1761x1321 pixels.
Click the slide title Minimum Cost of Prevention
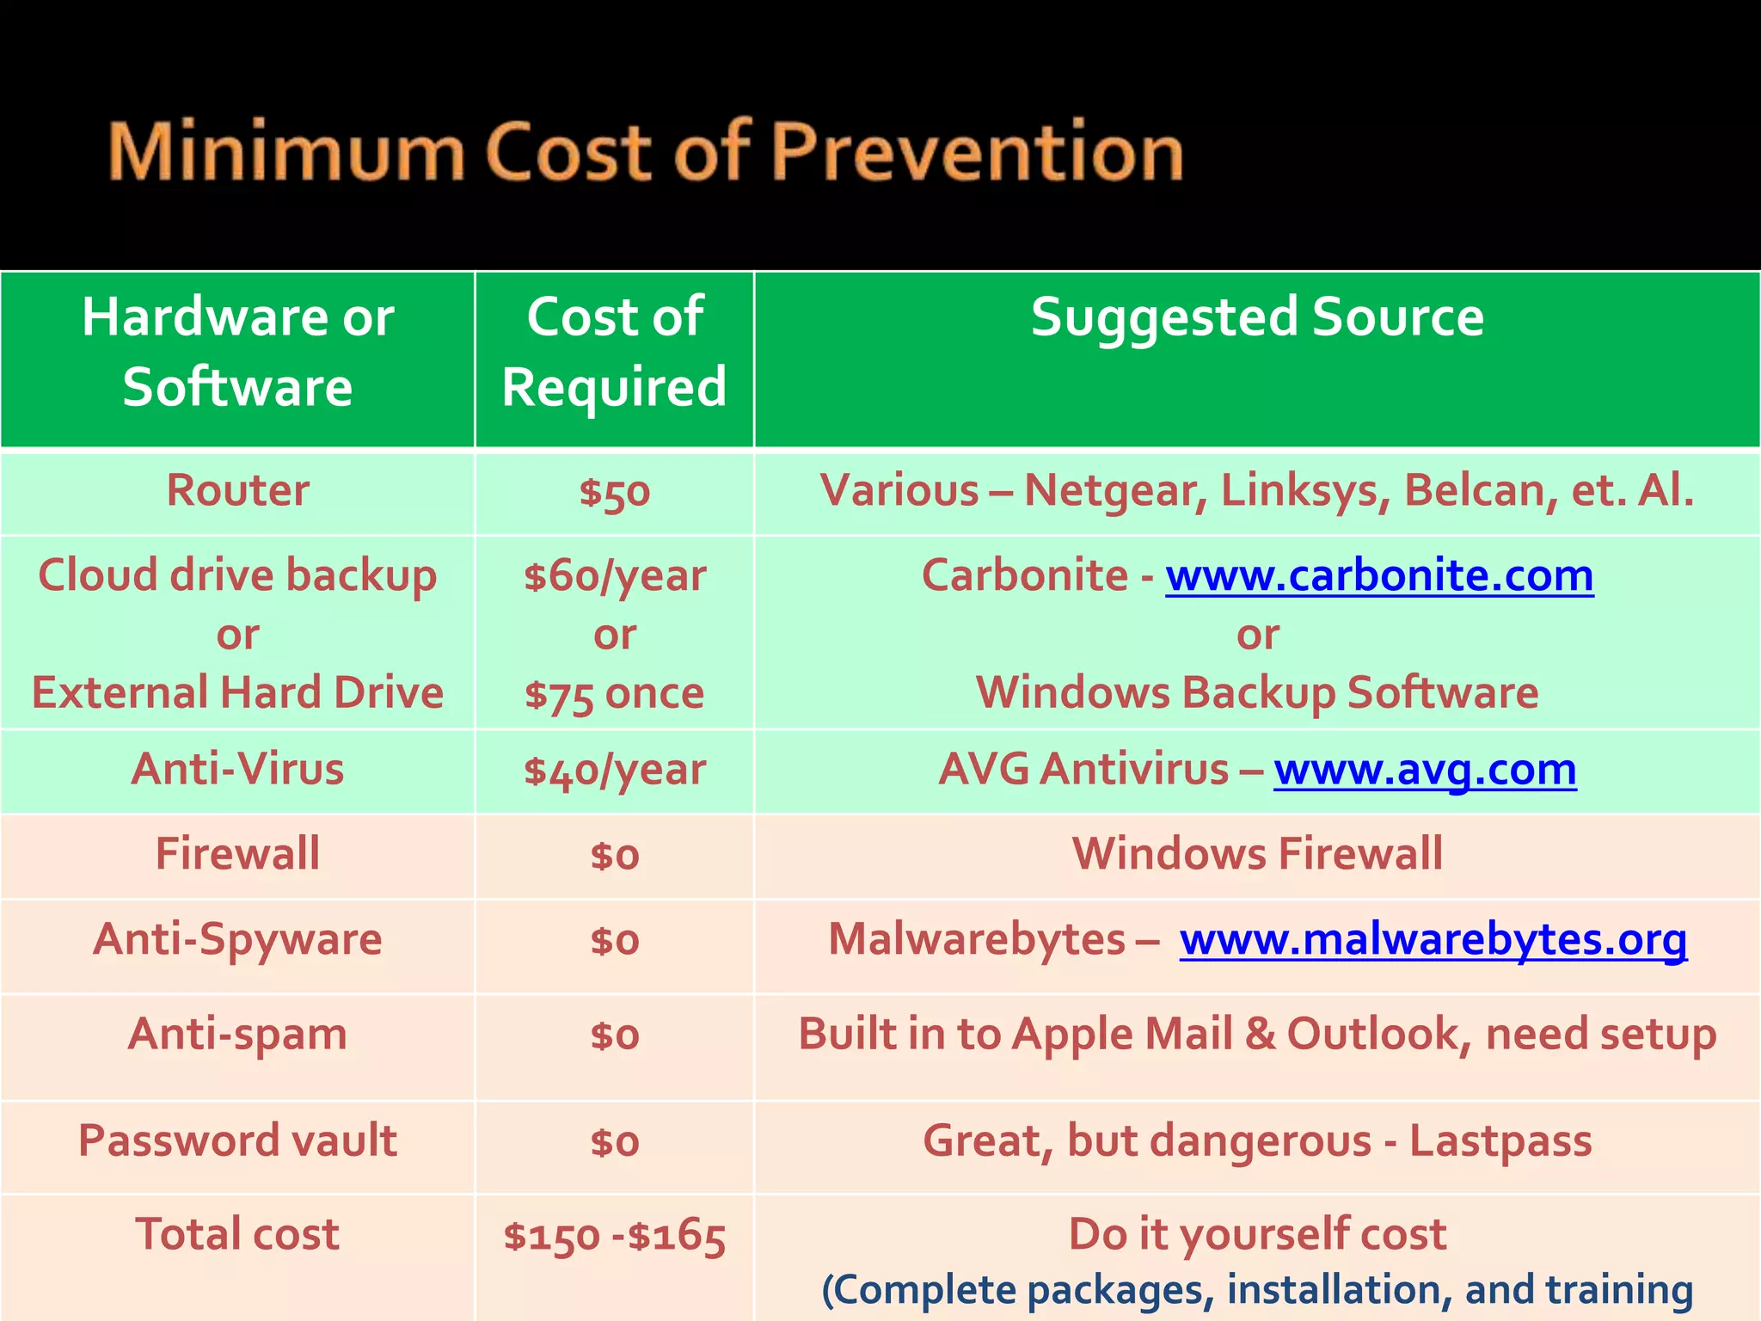pyautogui.click(x=645, y=152)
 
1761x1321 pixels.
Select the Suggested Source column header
pyautogui.click(x=1257, y=317)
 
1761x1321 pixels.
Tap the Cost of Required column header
pyautogui.click(x=614, y=352)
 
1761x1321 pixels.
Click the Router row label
pyautogui.click(x=237, y=491)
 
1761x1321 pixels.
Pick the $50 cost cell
pyautogui.click(x=614, y=493)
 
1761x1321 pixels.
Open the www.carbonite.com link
pyautogui.click(x=1379, y=575)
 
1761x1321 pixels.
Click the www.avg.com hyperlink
pyautogui.click(x=1425, y=769)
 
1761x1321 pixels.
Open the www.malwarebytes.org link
pyautogui.click(x=1433, y=939)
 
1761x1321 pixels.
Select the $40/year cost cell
pyautogui.click(x=614, y=770)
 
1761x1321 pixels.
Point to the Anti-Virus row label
pyautogui.click(x=237, y=769)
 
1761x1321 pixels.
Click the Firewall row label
pyautogui.click(x=237, y=854)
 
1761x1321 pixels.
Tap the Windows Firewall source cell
pyautogui.click(x=1257, y=854)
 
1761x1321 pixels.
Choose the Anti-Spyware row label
pyautogui.click(x=237, y=939)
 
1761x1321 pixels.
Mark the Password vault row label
pyautogui.click(x=237, y=1141)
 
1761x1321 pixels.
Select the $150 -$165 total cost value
pyautogui.click(x=614, y=1236)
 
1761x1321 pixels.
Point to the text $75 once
pyautogui.click(x=614, y=693)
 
